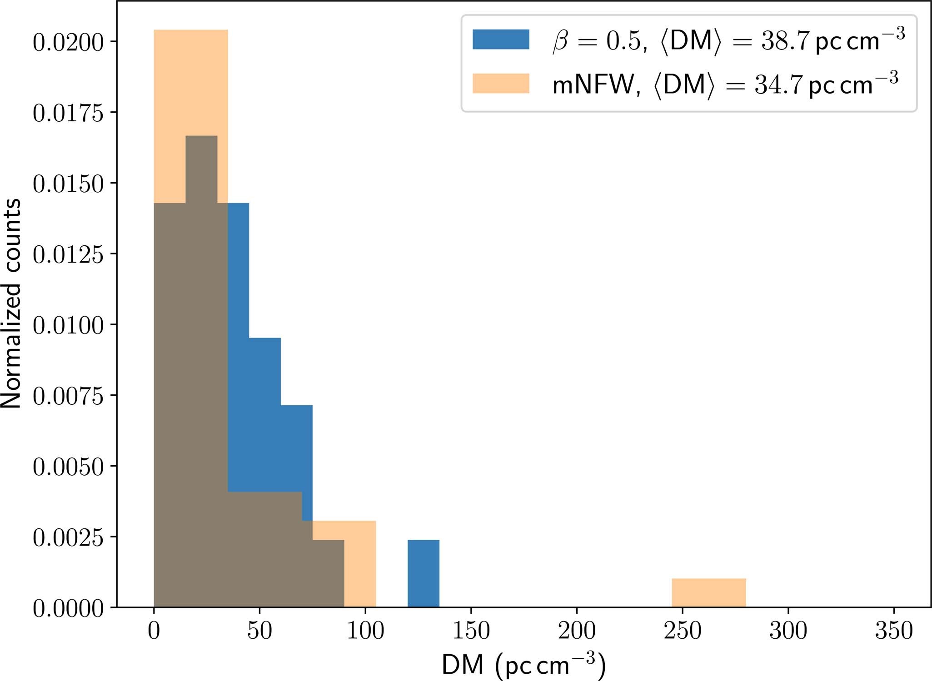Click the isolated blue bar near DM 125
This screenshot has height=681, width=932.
[423, 573]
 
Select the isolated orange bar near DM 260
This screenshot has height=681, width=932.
[708, 592]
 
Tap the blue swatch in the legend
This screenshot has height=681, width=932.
[501, 39]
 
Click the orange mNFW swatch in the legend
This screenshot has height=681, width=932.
[501, 83]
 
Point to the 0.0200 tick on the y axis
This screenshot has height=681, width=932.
[68, 42]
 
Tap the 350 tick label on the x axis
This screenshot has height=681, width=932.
[893, 631]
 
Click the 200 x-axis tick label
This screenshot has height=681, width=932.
[577, 631]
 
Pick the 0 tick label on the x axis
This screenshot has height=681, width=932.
[154, 631]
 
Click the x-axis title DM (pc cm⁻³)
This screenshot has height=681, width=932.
[523, 664]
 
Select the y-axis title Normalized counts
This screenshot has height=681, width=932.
[11, 303]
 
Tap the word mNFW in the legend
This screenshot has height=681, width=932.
[591, 85]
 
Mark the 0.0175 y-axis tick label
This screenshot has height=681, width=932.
[68, 113]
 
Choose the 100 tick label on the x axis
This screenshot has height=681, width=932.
[365, 631]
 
